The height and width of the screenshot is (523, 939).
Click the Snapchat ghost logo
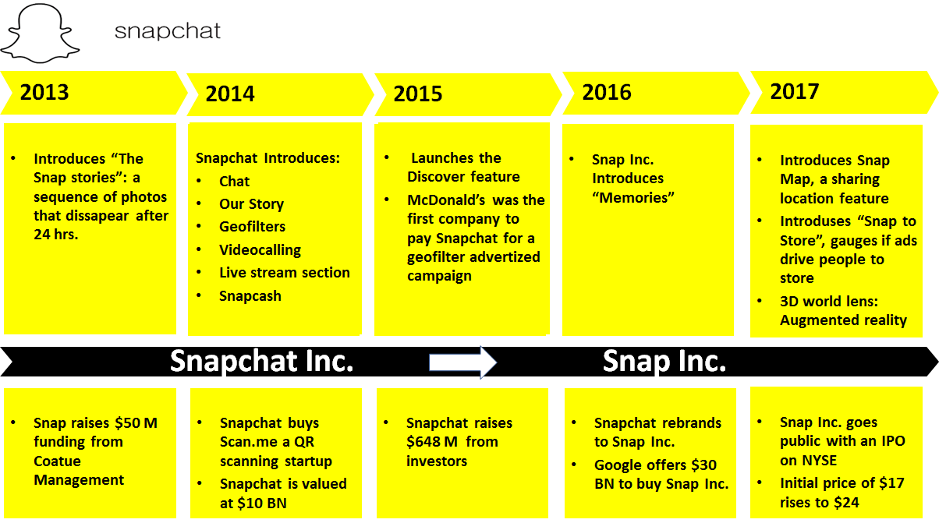coord(43,35)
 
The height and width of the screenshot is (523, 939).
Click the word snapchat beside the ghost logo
coord(168,31)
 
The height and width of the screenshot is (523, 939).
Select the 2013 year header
coord(44,92)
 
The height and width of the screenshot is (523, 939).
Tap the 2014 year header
coord(230,94)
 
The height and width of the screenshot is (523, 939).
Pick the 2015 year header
coord(418,94)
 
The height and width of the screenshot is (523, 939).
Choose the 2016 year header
coord(606,92)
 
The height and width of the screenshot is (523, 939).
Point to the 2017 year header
coord(795,91)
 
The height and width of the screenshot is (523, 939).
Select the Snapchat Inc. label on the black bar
coord(262,362)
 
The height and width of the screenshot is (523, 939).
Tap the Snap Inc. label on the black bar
coord(664,362)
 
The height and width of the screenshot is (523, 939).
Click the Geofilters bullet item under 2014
coord(252,227)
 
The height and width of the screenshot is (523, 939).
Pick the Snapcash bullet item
coord(250,296)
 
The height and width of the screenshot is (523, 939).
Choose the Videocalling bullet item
coord(260,250)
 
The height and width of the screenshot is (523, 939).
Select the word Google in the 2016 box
coord(620,465)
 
